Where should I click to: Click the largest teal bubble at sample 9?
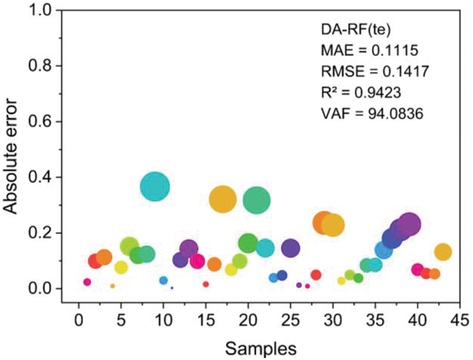tap(155, 187)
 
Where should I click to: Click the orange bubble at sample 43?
tap(443, 252)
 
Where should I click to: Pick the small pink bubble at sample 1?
tap(87, 282)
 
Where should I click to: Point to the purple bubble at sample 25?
tap(291, 248)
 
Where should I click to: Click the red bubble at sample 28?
tap(316, 275)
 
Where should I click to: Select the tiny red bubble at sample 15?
tap(206, 284)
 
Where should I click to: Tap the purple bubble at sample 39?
tap(409, 225)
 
